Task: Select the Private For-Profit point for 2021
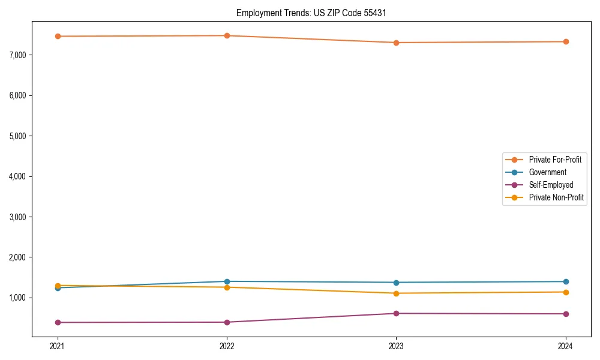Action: click(x=58, y=36)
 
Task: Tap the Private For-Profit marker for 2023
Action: click(x=396, y=43)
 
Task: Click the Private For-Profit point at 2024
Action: click(x=566, y=41)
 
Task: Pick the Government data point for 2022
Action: click(x=227, y=281)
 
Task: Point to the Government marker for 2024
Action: click(x=566, y=281)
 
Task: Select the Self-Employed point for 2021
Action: click(x=58, y=322)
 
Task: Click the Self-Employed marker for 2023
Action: click(x=396, y=313)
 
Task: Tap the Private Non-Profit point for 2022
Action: click(x=227, y=287)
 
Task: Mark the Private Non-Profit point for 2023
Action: click(x=396, y=293)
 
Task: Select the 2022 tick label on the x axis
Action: click(x=227, y=346)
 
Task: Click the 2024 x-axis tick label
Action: click(x=566, y=346)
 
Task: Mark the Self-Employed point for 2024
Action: click(x=566, y=314)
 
